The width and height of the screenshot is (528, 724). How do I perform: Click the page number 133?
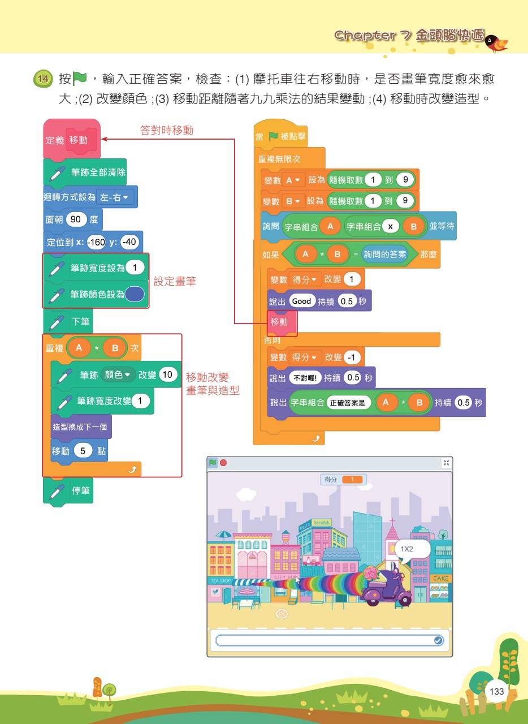(496, 691)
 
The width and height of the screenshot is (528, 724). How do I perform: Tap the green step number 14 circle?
(43, 79)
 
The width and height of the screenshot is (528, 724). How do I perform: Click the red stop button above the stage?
(223, 463)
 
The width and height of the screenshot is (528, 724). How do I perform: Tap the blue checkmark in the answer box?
(438, 640)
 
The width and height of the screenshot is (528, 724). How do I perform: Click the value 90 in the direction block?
(76, 219)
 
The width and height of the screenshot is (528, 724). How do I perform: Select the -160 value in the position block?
(96, 242)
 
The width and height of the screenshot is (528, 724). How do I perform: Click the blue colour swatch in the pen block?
(135, 294)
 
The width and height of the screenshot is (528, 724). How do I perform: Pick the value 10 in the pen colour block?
(167, 374)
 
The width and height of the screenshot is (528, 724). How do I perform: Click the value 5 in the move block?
(83, 451)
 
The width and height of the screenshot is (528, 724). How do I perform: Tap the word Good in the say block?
(302, 301)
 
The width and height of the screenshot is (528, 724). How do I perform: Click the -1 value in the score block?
(352, 357)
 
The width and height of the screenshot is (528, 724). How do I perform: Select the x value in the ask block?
(390, 227)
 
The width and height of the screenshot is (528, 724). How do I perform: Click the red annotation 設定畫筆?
(175, 281)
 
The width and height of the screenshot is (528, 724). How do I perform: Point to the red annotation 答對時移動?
(167, 130)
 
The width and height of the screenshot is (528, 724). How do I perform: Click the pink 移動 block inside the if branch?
(282, 322)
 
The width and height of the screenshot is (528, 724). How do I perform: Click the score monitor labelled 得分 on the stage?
(343, 479)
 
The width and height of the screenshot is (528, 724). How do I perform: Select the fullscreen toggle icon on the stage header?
(446, 463)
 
